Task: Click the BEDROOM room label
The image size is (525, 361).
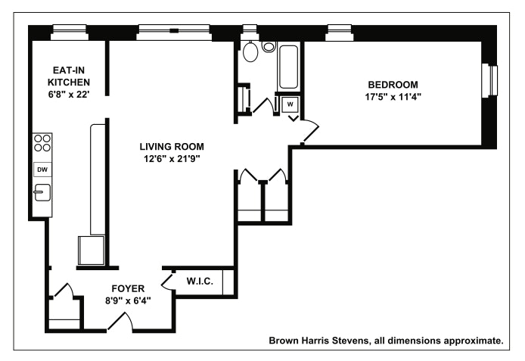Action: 393,85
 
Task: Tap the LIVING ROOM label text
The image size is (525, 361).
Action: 172,147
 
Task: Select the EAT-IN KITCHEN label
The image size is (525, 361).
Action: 69,76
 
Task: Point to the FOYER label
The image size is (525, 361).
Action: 128,288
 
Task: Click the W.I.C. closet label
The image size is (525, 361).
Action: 200,282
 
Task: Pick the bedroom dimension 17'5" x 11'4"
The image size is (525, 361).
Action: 393,97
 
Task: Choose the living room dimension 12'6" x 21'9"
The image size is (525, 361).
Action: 172,159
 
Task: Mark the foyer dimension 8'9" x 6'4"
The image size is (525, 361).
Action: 128,300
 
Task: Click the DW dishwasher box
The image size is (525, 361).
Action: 42,170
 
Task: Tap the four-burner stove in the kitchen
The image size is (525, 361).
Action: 42,143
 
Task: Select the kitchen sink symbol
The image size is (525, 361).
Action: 42,192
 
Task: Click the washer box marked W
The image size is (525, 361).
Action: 290,104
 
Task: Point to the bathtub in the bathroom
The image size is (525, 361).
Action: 289,67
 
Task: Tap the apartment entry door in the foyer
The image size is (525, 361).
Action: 120,322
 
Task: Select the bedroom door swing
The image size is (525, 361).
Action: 311,132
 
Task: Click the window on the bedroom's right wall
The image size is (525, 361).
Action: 489,81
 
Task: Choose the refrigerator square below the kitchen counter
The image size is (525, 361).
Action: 91,251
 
